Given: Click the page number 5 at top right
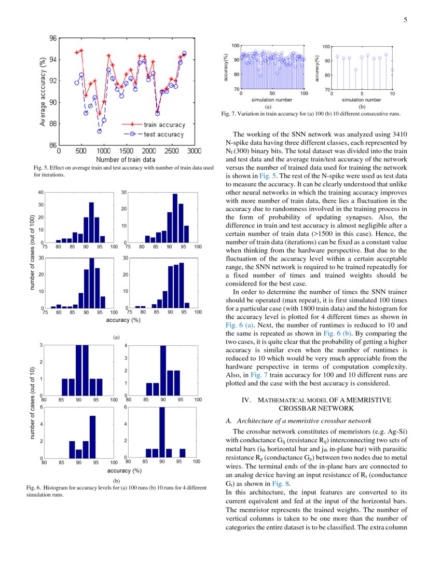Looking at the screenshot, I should point(405,20).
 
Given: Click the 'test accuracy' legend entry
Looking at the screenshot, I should point(163,134).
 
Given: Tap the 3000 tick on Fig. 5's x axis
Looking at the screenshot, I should point(194,151).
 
